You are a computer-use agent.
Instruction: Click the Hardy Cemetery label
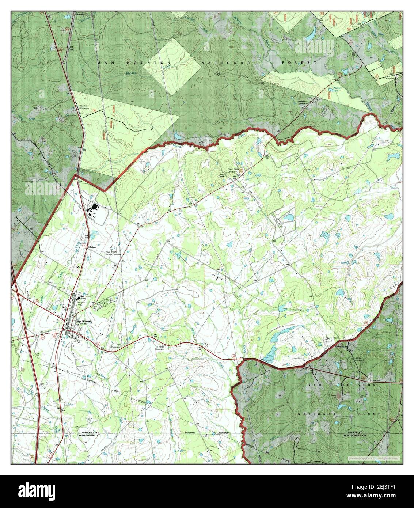pyautogui.click(x=160, y=348)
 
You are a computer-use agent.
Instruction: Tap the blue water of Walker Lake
pyautogui.click(x=331, y=95)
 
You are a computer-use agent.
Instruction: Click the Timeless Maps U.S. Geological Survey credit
pyautogui.click(x=373, y=459)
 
